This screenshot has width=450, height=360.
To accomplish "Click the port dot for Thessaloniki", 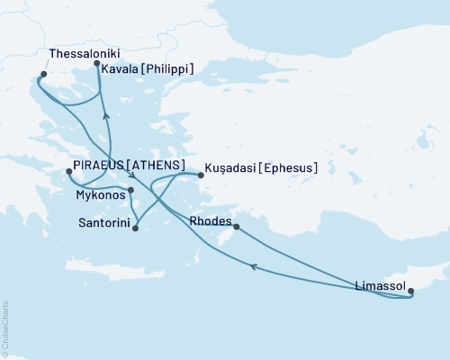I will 43,75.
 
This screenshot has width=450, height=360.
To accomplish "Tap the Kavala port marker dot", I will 97,63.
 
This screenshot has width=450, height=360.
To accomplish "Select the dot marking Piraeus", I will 69,171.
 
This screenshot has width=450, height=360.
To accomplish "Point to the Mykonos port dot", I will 131,190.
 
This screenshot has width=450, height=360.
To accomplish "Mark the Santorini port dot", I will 135,229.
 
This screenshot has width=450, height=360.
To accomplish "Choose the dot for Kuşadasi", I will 201,175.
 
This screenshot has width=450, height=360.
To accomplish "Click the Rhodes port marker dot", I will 236,228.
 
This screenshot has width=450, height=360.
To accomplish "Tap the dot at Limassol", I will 411,291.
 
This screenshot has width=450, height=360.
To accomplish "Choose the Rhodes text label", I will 212,220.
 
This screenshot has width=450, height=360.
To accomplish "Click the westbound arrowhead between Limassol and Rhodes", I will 254,266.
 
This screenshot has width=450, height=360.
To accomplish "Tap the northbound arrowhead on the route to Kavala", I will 106,115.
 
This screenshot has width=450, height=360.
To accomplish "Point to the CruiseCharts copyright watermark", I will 5,328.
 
